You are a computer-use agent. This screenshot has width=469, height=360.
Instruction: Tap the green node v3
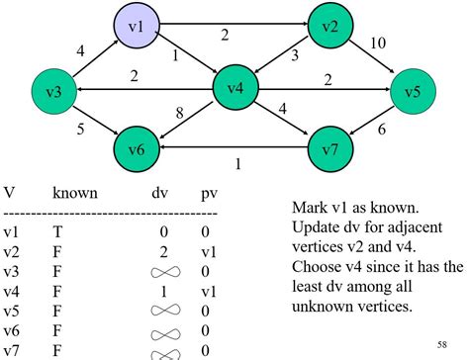[x=54, y=91]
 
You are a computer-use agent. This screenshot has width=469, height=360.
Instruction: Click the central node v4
[x=235, y=89]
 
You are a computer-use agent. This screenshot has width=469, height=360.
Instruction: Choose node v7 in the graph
[x=330, y=150]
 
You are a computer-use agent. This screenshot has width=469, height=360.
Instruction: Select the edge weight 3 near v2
[x=294, y=56]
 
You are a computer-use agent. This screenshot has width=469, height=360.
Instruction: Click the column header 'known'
[x=74, y=193]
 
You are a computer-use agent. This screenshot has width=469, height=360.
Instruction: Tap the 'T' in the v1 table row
[x=56, y=231]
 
